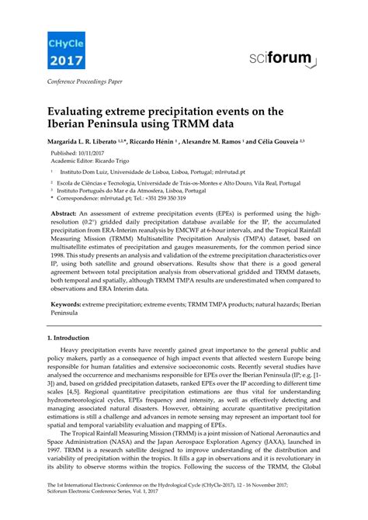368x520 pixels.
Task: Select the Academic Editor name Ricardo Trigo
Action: (112, 161)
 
